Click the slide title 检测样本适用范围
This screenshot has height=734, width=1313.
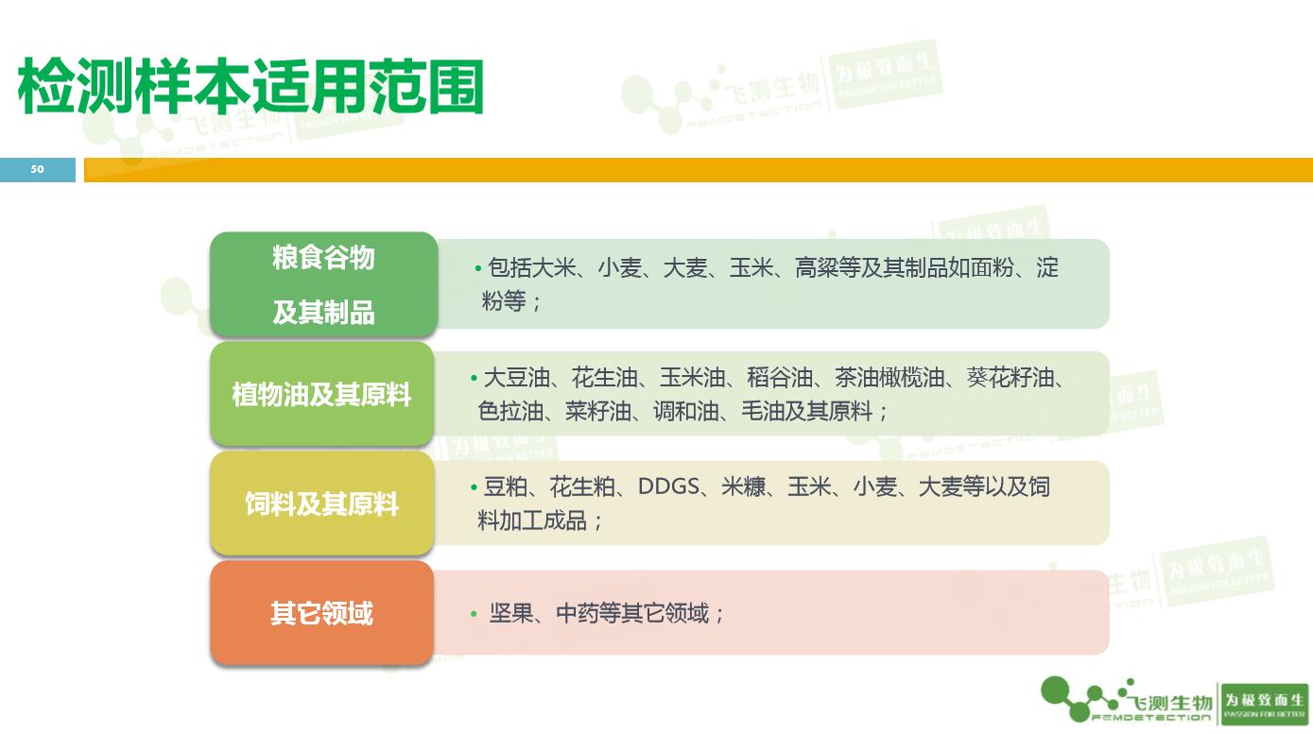tap(251, 87)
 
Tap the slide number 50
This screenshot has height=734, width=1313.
tap(37, 169)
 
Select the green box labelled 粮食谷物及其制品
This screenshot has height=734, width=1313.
tap(323, 284)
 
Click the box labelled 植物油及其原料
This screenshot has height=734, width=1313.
tap(321, 394)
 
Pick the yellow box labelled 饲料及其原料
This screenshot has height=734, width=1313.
tap(321, 504)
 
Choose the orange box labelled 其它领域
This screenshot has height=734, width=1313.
tap(321, 613)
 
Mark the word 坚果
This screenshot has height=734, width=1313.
tap(511, 614)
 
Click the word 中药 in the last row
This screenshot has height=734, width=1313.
tap(578, 614)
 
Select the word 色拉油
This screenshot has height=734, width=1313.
tap(510, 412)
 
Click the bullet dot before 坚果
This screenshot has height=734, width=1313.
tap(475, 615)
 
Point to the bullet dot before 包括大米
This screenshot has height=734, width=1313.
tap(478, 269)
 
